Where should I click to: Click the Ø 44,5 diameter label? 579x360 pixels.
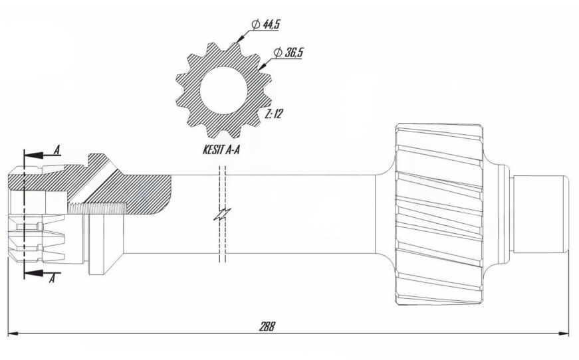265,25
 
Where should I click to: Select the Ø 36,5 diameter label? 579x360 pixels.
289,52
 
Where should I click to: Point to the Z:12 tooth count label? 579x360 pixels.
274,114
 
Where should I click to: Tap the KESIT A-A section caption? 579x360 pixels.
221,150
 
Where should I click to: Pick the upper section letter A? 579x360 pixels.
57,150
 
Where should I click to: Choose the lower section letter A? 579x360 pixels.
53,279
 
